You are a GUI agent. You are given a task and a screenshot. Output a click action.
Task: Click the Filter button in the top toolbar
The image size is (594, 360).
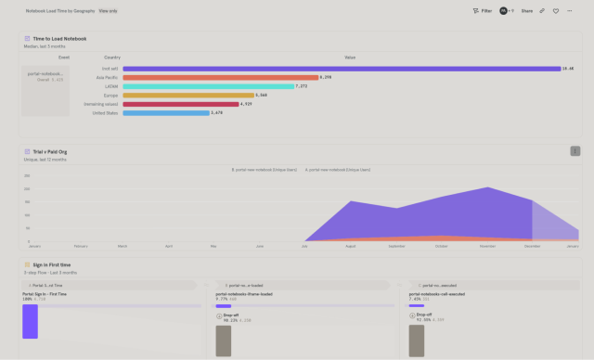482,11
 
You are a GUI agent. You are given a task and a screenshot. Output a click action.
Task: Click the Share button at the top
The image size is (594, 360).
526,11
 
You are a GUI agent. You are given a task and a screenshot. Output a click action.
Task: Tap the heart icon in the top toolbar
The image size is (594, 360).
556,11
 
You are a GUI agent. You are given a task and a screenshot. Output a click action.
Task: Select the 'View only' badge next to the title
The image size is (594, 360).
109,11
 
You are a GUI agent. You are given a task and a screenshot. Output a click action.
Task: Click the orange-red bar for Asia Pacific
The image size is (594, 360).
219,77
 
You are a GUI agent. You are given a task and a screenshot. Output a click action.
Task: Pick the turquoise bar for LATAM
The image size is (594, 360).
207,86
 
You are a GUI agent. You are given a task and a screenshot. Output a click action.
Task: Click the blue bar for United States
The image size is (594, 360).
165,112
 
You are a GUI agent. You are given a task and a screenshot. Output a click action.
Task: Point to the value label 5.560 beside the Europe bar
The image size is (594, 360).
262,95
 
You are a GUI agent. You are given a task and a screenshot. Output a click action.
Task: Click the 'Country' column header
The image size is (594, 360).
112,58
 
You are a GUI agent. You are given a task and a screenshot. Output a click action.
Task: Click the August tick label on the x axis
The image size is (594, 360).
350,246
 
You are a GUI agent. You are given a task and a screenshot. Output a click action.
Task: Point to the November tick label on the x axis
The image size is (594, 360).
486,246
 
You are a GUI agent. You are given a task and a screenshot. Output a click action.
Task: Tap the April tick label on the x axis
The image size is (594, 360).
168,246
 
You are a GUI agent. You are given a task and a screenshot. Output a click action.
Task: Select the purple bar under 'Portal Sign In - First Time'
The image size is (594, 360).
30,321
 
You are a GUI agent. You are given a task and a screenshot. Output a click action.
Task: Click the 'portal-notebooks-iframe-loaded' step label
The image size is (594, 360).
244,293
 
